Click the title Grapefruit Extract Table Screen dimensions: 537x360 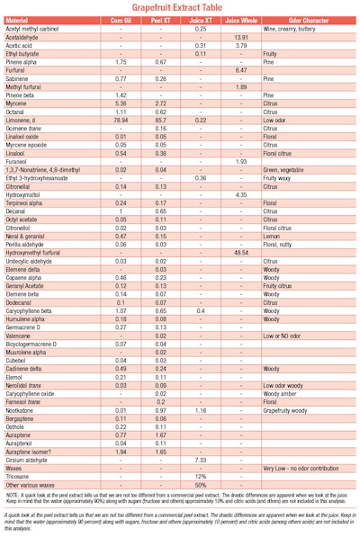click(180, 7)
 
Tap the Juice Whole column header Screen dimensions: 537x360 click(241, 20)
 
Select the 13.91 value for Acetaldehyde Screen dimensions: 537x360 click(241, 37)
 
